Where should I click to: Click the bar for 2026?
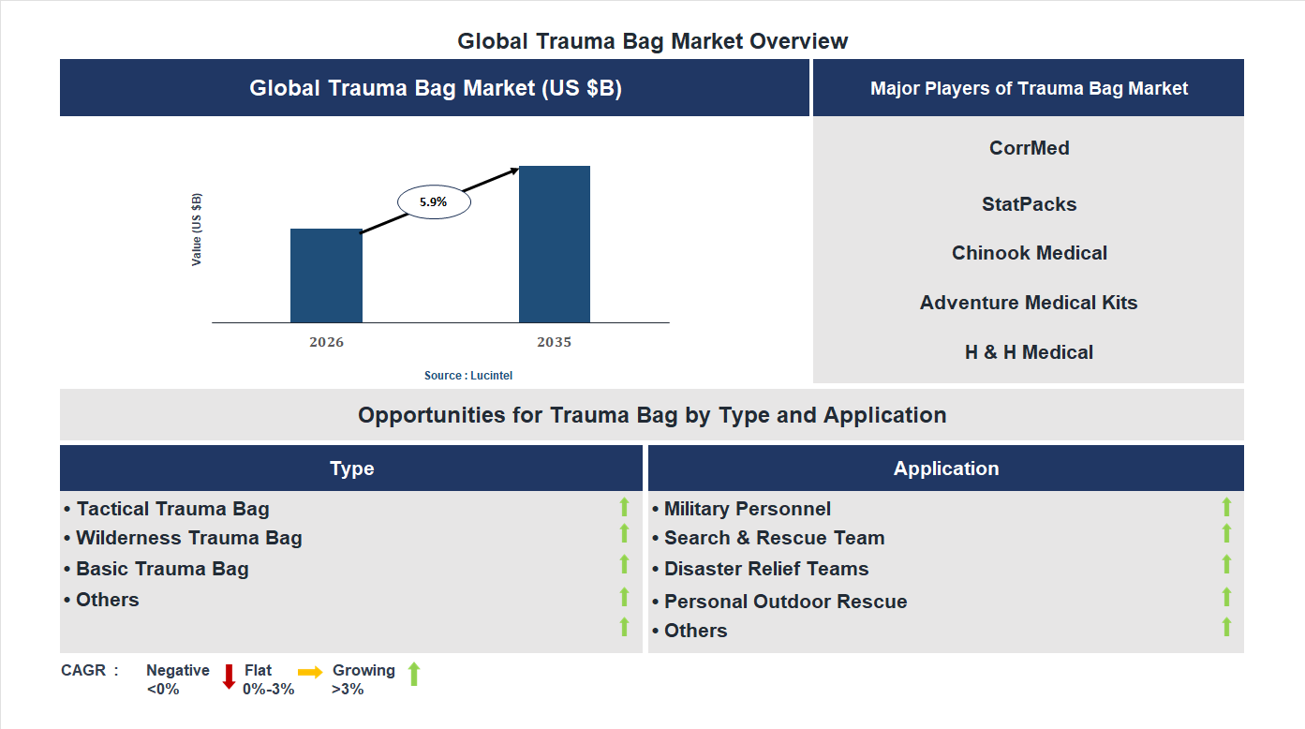click(326, 275)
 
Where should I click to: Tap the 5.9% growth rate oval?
click(434, 201)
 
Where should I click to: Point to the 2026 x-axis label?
click(326, 342)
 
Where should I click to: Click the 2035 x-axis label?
click(554, 342)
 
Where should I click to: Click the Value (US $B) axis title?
click(197, 230)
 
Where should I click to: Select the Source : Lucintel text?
click(468, 376)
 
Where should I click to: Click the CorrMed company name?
click(1029, 148)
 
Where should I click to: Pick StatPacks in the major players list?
click(1029, 204)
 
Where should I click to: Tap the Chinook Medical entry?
click(1029, 253)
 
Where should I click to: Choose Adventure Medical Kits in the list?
click(1029, 303)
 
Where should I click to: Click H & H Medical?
click(1029, 352)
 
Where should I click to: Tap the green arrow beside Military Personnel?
click(1226, 507)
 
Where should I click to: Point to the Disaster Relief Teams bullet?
click(761, 569)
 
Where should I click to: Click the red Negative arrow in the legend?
click(229, 676)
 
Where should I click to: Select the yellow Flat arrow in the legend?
click(310, 672)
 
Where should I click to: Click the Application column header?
click(945, 469)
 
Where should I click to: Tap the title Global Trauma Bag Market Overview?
click(652, 41)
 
